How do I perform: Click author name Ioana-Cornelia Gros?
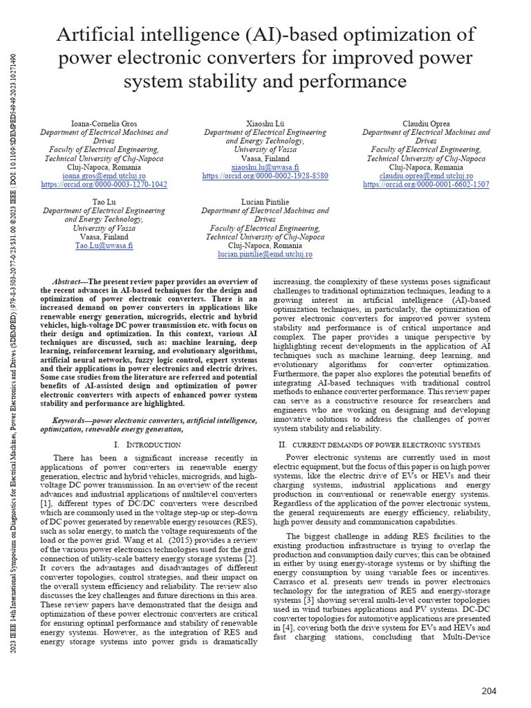[x=104, y=124]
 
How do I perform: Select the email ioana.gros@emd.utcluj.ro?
[x=104, y=176]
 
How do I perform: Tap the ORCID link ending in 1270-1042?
[x=104, y=185]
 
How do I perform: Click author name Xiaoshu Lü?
[x=265, y=124]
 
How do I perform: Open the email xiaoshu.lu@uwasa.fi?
[x=265, y=167]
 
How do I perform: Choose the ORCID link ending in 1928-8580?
[x=265, y=176]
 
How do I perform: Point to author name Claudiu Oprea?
[x=426, y=124]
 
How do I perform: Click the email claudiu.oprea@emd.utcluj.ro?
[x=426, y=176]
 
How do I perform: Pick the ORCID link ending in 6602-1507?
[x=426, y=185]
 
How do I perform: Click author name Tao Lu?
[x=104, y=202]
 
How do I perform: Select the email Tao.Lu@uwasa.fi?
[x=104, y=245]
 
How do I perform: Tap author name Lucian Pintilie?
[x=265, y=202]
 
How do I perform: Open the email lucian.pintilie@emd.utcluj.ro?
[x=265, y=254]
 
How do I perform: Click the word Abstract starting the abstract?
[x=68, y=282]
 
